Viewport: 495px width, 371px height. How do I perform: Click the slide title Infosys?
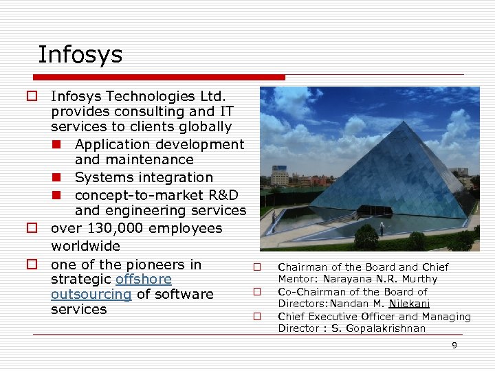click(x=80, y=54)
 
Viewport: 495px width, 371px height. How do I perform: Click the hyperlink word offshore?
click(x=144, y=280)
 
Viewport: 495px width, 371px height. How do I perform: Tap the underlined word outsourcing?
click(x=91, y=295)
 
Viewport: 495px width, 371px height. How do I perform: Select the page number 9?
click(x=454, y=346)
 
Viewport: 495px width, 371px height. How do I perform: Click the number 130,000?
click(x=115, y=228)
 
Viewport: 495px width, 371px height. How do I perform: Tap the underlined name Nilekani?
click(x=409, y=304)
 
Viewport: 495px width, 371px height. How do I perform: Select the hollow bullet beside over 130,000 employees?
click(x=32, y=228)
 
